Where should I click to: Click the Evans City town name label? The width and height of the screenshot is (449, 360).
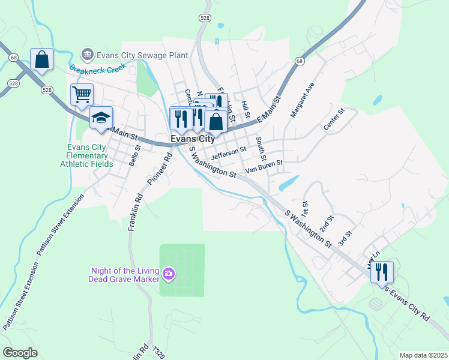click(192, 139)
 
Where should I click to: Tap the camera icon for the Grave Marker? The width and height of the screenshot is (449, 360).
click(169, 274)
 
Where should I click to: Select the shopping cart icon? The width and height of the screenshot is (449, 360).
click(82, 94)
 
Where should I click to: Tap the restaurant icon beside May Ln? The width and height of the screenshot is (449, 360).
click(382, 271)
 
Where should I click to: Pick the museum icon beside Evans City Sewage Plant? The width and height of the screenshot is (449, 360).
click(88, 55)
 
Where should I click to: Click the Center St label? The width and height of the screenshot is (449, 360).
click(334, 119)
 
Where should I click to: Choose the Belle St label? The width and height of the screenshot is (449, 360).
click(134, 154)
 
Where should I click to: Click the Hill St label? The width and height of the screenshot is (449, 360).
click(245, 109)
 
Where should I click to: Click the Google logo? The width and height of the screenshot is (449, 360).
click(20, 353)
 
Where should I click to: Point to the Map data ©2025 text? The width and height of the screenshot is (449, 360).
click(423, 355)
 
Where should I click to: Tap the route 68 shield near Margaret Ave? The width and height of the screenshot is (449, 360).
click(300, 61)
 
